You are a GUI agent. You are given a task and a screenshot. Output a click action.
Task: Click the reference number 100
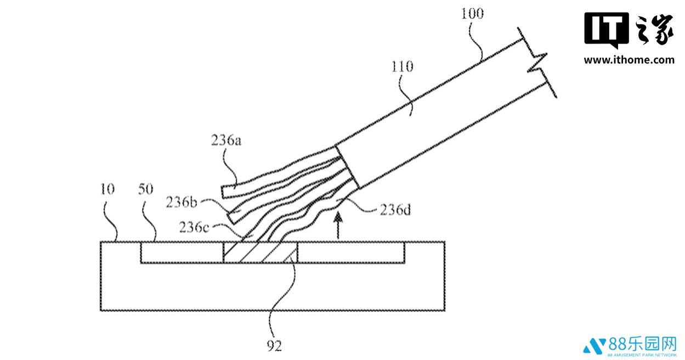[x=472, y=14]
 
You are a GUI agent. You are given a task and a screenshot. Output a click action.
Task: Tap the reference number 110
[x=402, y=66]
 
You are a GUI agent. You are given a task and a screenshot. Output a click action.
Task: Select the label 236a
[x=226, y=140]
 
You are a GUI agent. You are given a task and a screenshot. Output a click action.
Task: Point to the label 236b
[x=182, y=203]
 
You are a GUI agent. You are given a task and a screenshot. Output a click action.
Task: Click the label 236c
[x=194, y=227]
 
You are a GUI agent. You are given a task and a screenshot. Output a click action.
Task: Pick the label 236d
[x=395, y=210]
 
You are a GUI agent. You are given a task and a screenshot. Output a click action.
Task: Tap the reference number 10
[x=107, y=189]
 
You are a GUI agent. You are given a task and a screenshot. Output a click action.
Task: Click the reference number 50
[x=145, y=189]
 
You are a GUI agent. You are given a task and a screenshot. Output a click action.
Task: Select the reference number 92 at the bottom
[x=274, y=346]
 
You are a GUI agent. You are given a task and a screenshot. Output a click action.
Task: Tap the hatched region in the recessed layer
[x=261, y=252]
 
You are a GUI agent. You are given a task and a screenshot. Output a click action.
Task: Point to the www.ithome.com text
[x=629, y=60]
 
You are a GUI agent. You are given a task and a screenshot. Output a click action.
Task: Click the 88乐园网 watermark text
[x=642, y=345]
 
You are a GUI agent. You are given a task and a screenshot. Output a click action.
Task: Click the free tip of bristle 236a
[x=223, y=192]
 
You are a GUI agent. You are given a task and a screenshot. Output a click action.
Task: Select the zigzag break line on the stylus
[x=537, y=63]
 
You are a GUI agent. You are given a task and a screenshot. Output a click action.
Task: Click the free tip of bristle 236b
[x=230, y=218]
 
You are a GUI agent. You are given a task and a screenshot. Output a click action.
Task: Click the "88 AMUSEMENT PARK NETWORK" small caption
[x=642, y=356]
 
